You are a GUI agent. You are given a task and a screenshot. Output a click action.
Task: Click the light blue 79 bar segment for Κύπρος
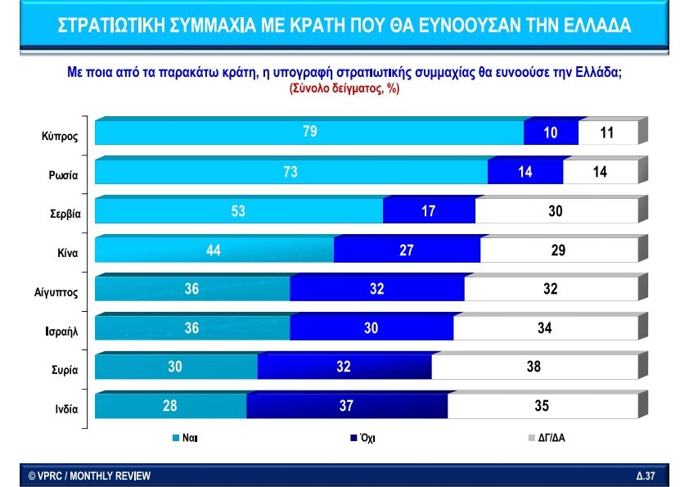coord(309,133)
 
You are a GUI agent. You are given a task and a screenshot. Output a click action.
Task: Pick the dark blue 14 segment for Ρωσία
coord(525,172)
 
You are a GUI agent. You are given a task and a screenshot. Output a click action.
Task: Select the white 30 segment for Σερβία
coord(556,210)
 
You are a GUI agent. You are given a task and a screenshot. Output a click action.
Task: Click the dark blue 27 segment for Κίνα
coord(407,250)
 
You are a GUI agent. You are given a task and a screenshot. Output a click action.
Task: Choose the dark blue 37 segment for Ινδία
coord(347,405)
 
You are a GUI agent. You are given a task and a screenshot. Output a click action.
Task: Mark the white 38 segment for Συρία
coord(534,367)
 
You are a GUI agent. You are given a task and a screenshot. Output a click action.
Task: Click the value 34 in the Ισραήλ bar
coord(545,327)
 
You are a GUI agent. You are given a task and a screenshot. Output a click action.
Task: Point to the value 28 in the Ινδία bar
coord(169,405)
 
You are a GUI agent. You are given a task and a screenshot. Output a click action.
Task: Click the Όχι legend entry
coord(363,438)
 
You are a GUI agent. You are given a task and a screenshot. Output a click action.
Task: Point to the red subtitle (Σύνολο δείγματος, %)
coord(344,88)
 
